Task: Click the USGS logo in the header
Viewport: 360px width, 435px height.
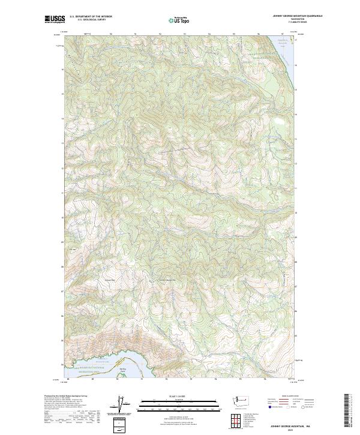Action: pos(55,19)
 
